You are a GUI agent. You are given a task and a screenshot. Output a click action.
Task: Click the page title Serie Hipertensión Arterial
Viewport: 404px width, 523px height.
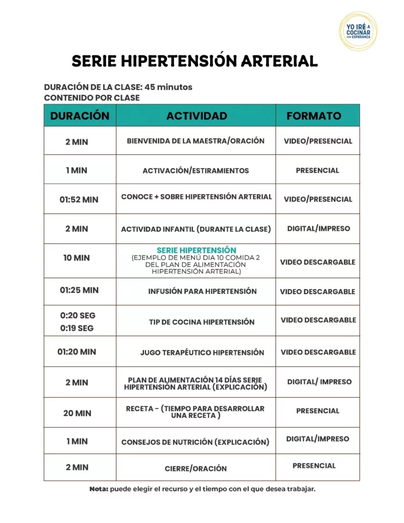(x=195, y=61)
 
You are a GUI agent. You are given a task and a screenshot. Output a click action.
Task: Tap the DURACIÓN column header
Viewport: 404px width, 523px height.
(x=80, y=115)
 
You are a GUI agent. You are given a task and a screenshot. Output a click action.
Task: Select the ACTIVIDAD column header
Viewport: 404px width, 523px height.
(x=197, y=116)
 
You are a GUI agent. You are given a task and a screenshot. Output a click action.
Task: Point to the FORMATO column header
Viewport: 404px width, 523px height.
(x=314, y=116)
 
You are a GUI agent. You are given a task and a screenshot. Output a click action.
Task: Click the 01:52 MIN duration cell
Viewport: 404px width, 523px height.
(x=79, y=200)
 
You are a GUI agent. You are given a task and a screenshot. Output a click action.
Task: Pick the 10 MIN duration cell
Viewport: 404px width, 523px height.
(x=77, y=258)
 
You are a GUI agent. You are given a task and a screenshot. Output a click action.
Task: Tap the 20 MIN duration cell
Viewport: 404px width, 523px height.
(x=77, y=413)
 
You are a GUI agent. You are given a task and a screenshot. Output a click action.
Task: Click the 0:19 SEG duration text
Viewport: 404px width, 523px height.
(x=77, y=328)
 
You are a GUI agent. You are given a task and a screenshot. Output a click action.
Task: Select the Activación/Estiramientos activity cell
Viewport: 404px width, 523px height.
(x=196, y=171)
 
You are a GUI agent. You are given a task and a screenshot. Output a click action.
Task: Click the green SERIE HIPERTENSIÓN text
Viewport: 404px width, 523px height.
(x=196, y=250)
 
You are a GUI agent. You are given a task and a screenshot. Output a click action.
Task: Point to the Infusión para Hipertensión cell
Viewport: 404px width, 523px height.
(x=202, y=292)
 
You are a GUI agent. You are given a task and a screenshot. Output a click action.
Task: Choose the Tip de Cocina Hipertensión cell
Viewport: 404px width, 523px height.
(x=201, y=322)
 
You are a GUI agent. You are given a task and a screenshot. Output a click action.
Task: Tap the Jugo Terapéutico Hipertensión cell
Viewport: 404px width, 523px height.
(x=202, y=352)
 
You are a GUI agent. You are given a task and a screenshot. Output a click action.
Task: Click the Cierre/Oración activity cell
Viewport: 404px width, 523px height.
(x=196, y=468)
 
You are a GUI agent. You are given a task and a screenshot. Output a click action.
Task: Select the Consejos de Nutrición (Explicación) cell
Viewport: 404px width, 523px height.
(x=195, y=442)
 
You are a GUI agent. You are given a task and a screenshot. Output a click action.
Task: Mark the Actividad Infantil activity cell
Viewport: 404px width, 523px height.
(x=196, y=229)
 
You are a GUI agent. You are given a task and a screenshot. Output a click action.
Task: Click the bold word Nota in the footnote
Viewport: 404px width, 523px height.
(x=99, y=489)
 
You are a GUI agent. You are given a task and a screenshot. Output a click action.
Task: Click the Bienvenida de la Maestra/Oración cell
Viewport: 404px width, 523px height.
(x=196, y=141)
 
